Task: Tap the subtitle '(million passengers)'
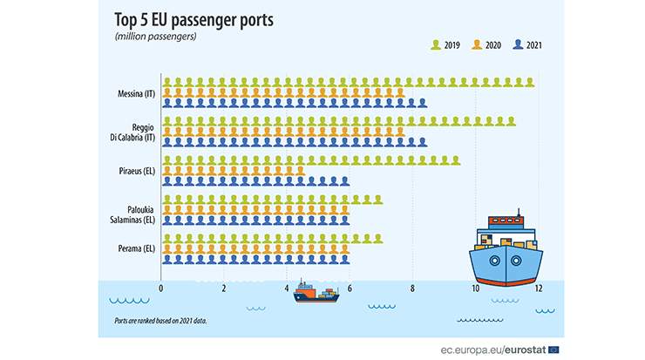click(156, 37)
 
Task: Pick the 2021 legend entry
click(531, 44)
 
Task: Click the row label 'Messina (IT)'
click(134, 93)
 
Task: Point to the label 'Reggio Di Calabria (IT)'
click(138, 132)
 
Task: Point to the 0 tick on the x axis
click(161, 289)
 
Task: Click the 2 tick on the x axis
click(224, 289)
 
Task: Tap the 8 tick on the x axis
click(412, 289)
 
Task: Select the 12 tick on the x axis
click(539, 289)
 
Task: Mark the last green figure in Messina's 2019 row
click(529, 82)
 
